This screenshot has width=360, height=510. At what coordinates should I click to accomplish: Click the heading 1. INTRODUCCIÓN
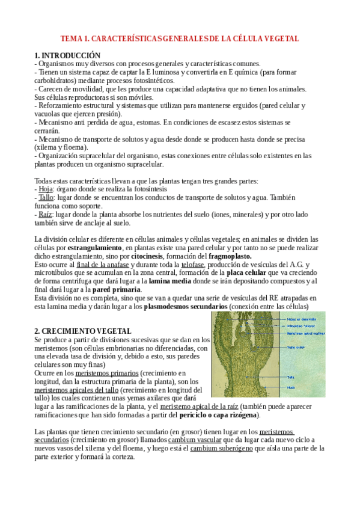[67, 55]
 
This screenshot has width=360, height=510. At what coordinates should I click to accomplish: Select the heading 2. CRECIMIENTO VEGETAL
[82, 331]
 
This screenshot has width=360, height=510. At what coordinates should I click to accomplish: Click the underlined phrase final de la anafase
[103, 264]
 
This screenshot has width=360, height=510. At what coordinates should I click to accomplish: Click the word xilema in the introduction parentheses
[46, 147]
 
